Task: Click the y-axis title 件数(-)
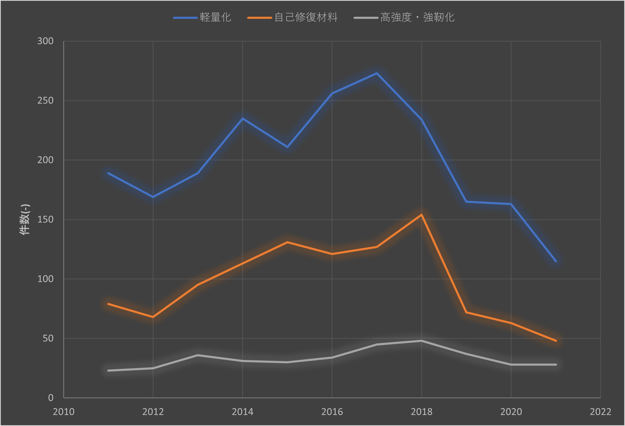(25, 219)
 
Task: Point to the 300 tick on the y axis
(45, 41)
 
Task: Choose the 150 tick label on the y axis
(45, 219)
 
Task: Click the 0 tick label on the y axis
(50, 398)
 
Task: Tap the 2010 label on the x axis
(64, 412)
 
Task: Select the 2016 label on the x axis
(332, 412)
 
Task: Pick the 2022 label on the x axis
(600, 412)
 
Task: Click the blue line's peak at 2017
(377, 73)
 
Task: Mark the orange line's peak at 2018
(422, 215)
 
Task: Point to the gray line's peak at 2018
(422, 341)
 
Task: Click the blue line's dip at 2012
(153, 197)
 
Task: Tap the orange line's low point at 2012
(153, 317)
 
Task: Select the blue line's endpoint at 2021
(556, 261)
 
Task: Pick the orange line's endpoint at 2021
(556, 341)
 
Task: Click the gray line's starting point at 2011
(108, 371)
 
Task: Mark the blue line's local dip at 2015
(287, 147)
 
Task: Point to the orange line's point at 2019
(466, 312)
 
